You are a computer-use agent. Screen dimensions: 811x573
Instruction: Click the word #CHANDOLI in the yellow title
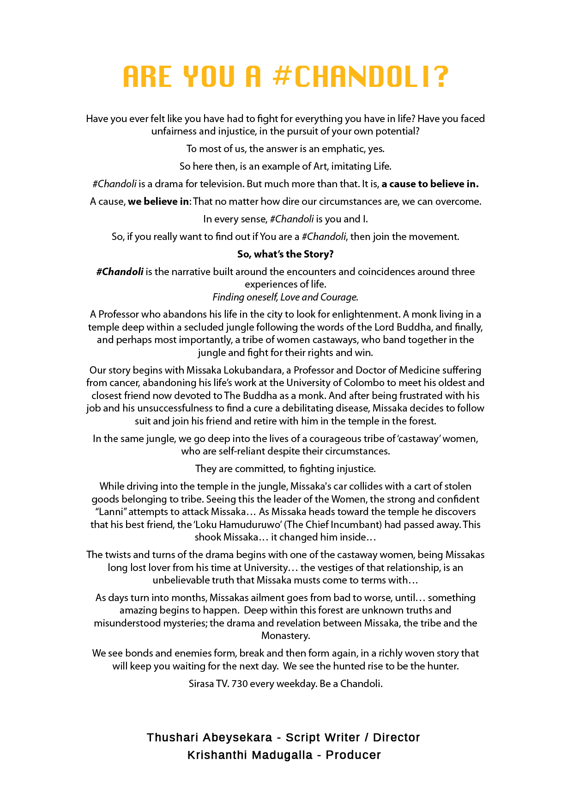tap(360, 77)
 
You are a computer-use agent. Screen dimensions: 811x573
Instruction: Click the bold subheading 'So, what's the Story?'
tap(285, 254)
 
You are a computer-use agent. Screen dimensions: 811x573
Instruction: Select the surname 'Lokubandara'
tap(253, 370)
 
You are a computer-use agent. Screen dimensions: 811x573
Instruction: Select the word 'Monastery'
tap(285, 636)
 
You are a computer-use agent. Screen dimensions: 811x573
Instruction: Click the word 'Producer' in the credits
tap(353, 755)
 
